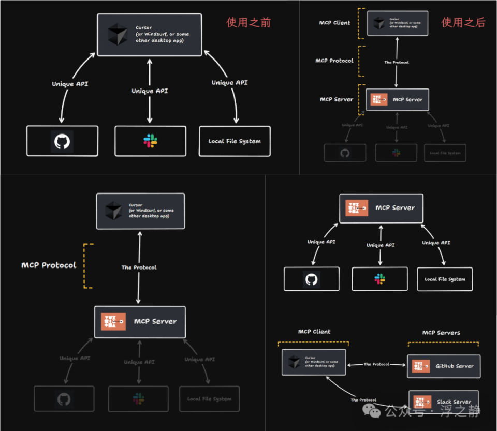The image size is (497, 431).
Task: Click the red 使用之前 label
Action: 248,22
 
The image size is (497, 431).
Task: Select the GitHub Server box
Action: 444,366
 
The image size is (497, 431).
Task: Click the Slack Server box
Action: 444,402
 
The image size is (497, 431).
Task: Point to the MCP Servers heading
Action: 441,333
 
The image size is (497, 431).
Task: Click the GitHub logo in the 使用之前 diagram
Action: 62,141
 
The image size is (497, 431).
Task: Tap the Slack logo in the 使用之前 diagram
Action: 150,141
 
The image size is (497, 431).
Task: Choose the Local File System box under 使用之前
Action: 235,141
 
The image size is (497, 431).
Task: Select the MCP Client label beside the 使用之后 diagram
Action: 334,23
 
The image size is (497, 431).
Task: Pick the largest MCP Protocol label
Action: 49,265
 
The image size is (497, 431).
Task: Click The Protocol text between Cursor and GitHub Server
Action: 376,364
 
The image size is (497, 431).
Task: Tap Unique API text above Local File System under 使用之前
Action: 229,83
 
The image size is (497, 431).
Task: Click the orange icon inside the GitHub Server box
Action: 421,366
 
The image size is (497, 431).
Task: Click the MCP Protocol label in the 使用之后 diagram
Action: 334,61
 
